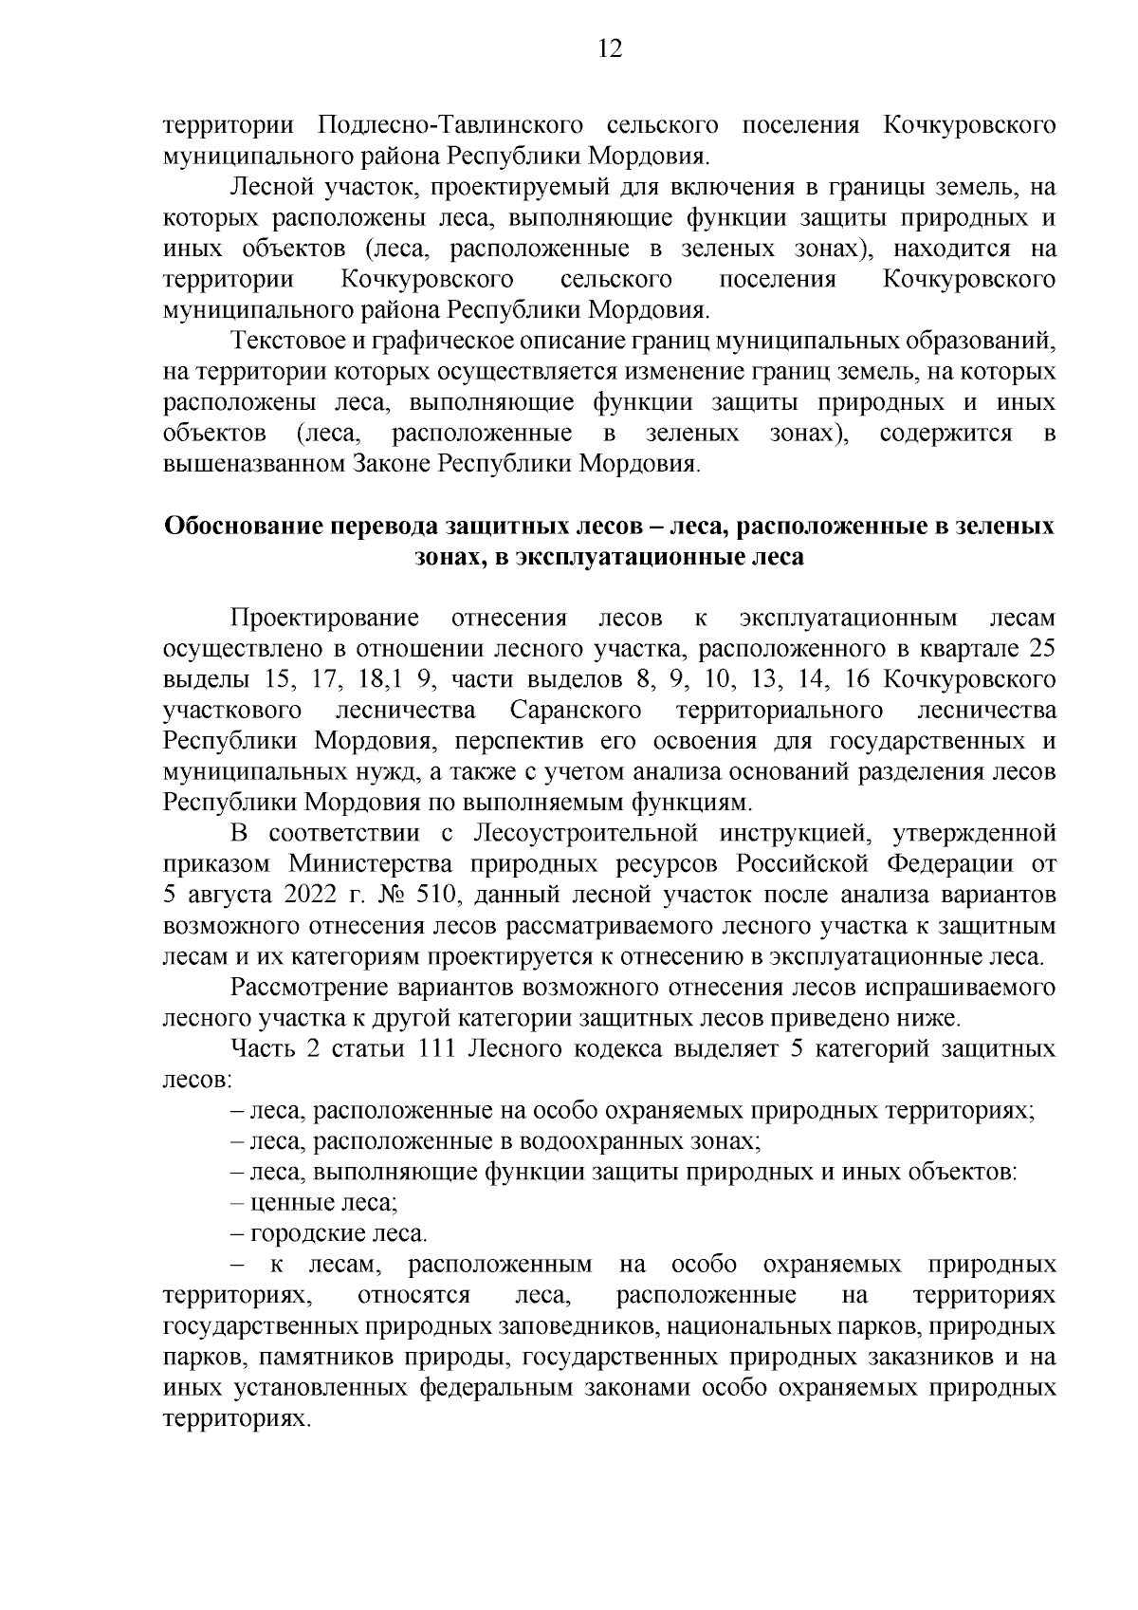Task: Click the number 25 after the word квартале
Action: click(x=1041, y=650)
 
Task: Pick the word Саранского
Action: click(x=575, y=711)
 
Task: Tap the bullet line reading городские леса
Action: click(x=329, y=1234)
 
